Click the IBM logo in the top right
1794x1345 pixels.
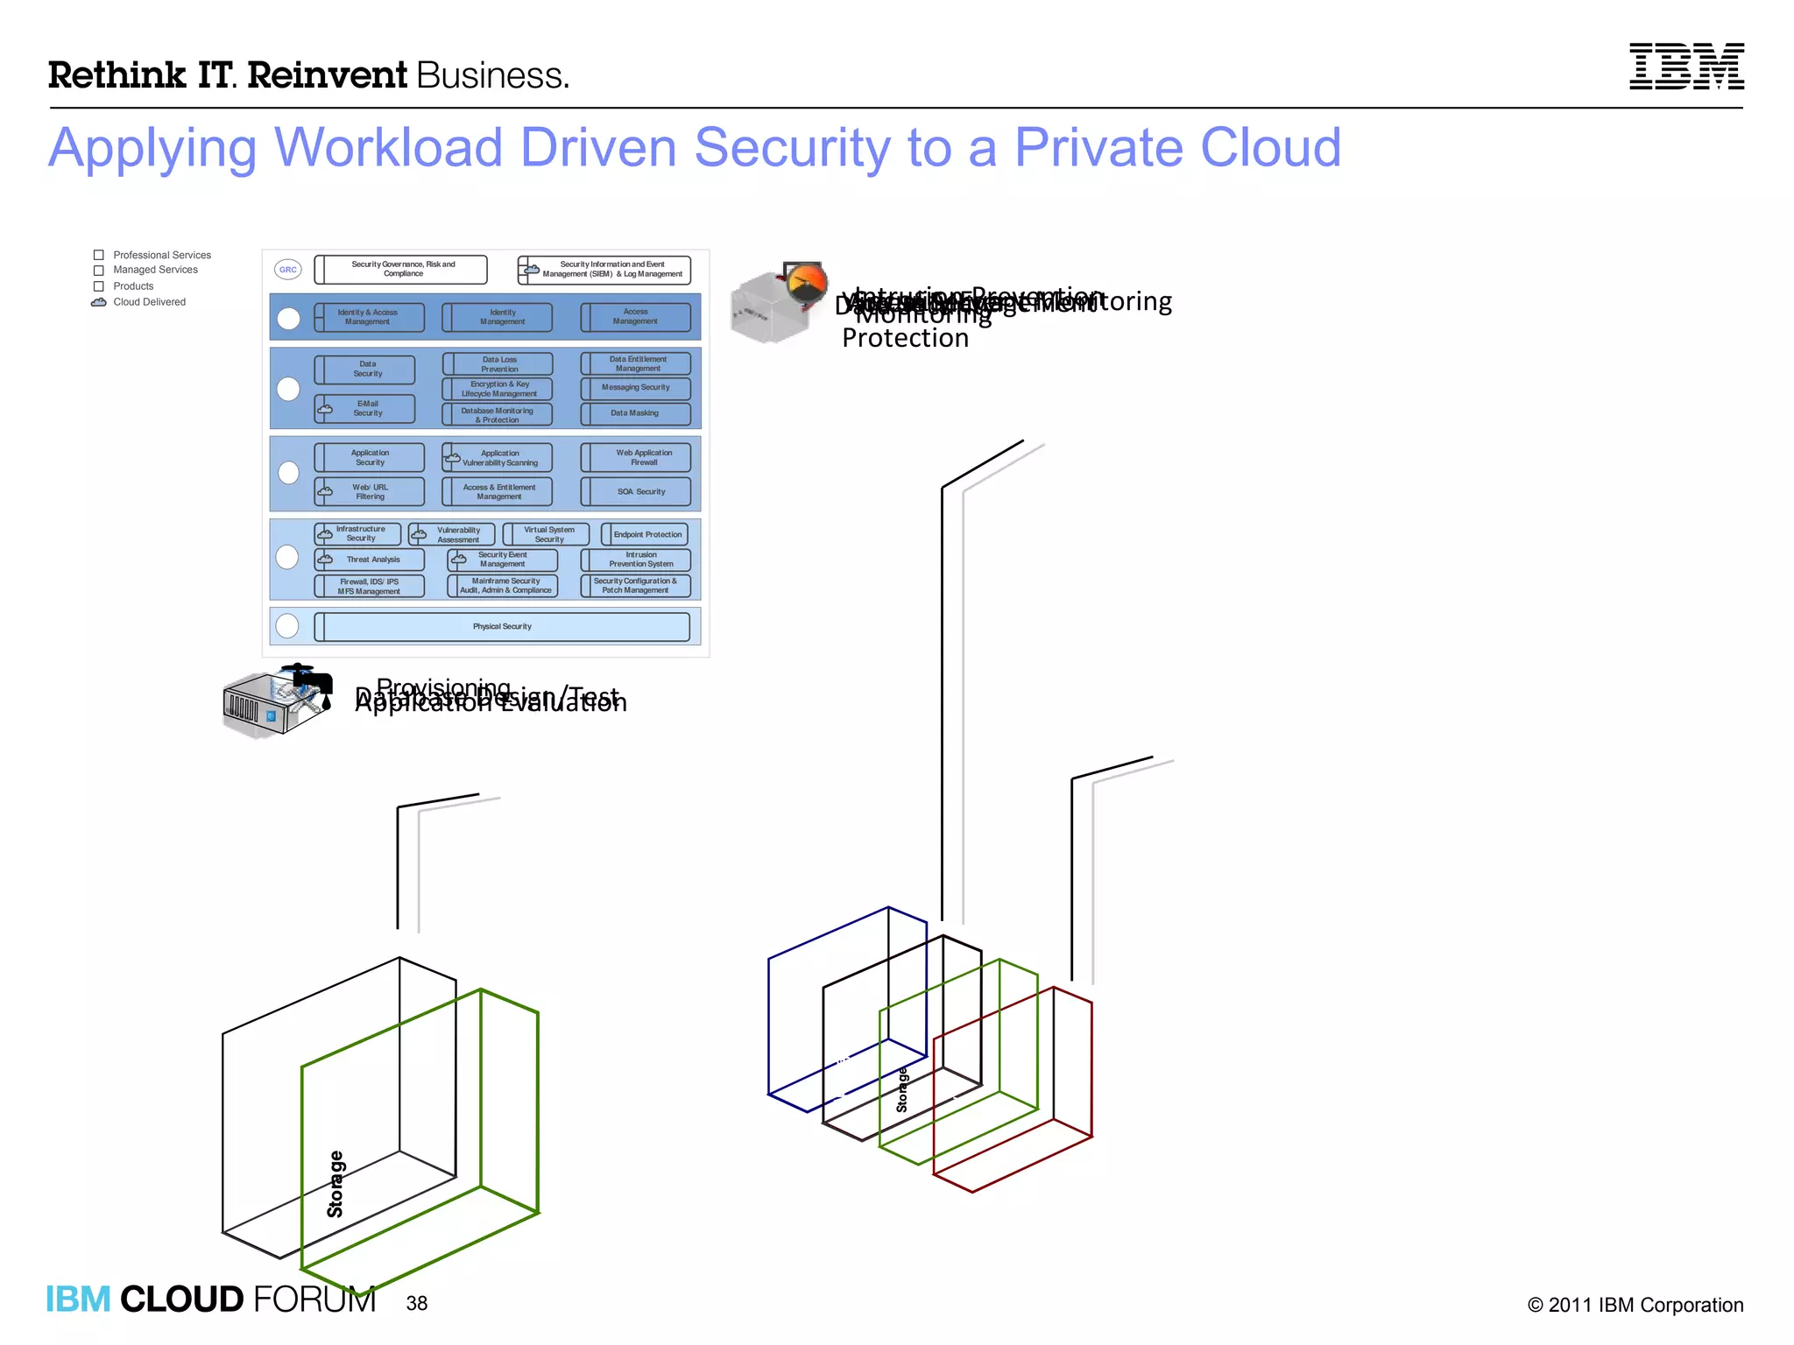click(1685, 67)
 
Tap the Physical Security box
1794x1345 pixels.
click(502, 626)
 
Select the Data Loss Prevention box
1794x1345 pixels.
click(498, 364)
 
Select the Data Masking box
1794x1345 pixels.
click(636, 413)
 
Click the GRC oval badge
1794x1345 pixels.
click(288, 270)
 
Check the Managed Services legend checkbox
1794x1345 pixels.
click(99, 271)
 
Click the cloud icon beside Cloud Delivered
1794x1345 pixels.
click(99, 302)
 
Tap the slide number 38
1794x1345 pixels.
click(417, 1303)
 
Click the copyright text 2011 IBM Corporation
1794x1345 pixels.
click(1635, 1305)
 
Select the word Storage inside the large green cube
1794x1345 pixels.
click(335, 1184)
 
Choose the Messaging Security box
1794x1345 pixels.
click(636, 388)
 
